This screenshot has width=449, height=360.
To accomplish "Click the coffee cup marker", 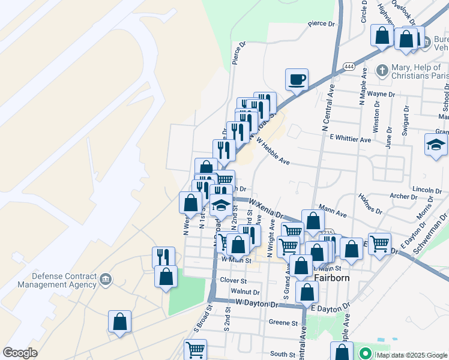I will tap(297, 79).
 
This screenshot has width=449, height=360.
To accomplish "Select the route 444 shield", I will tap(348, 66).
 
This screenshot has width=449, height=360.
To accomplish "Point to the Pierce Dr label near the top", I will tap(321, 23).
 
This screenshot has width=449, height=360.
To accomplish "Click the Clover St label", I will tap(234, 280).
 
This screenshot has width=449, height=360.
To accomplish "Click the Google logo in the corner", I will tap(20, 352).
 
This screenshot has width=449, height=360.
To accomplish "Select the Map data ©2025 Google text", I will tap(411, 355).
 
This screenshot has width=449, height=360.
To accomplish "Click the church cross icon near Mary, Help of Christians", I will tap(382, 70).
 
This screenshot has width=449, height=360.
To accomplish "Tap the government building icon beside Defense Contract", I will tap(106, 278).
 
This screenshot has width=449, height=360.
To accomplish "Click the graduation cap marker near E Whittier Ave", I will tap(436, 145).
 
